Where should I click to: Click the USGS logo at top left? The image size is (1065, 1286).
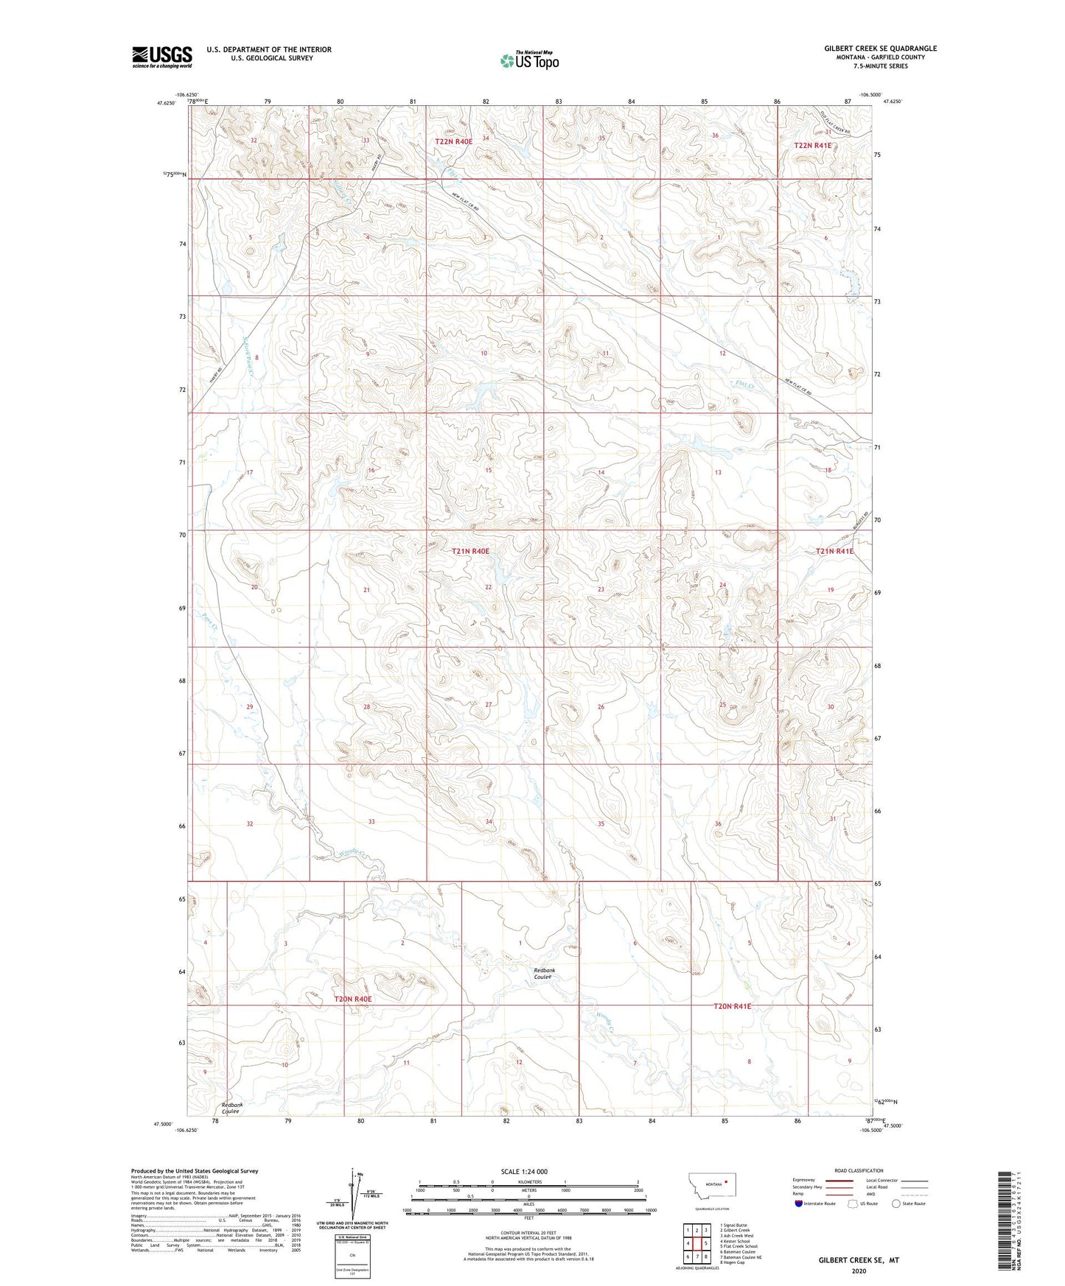tap(161, 57)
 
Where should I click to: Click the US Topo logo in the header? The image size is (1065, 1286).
tap(528, 60)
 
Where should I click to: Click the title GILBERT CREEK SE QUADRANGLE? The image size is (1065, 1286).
tap(880, 49)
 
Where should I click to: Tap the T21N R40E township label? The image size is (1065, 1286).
tap(470, 551)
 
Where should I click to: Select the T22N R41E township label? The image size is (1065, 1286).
tap(812, 146)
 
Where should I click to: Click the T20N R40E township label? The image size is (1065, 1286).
tap(353, 999)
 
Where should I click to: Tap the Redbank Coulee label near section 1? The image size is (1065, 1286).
tap(544, 974)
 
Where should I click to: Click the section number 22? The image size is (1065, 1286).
tap(488, 587)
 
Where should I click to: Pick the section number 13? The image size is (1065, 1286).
tap(717, 472)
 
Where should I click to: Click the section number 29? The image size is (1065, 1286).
tap(250, 707)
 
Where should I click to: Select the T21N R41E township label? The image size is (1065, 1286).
tap(834, 551)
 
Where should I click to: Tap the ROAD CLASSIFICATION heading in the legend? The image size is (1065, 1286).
tap(859, 1170)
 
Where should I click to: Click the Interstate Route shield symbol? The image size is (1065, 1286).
tap(799, 1204)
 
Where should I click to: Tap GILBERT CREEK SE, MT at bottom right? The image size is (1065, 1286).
tap(859, 1260)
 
